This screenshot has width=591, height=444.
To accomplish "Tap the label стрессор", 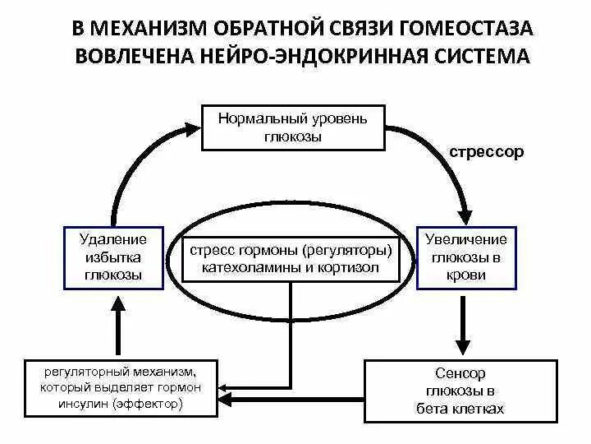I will click(x=486, y=152).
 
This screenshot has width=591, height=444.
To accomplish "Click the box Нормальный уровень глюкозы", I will click(x=293, y=127).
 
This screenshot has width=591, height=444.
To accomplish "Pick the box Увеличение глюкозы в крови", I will click(x=466, y=257).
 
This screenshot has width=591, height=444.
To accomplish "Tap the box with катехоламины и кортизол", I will click(x=291, y=258).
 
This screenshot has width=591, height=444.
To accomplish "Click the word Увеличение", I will click(x=466, y=239).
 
